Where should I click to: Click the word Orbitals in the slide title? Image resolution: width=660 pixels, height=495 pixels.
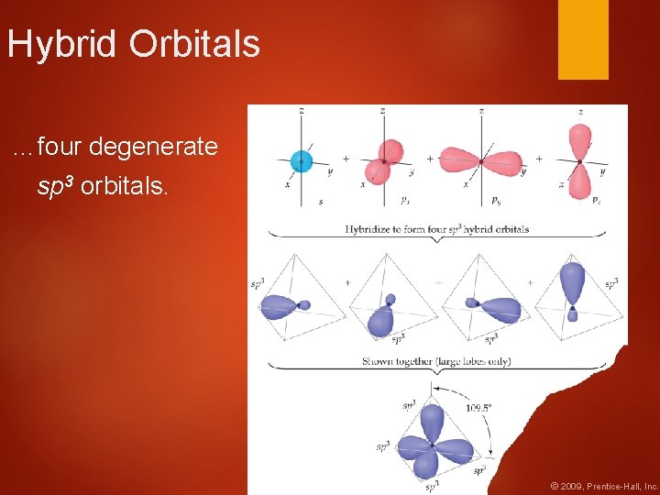pyautogui.click(x=195, y=44)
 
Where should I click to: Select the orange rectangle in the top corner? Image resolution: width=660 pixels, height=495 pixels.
pyautogui.click(x=583, y=39)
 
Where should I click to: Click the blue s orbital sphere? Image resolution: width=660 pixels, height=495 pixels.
pyautogui.click(x=302, y=162)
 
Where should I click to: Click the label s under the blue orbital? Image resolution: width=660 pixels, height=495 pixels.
pyautogui.click(x=320, y=201)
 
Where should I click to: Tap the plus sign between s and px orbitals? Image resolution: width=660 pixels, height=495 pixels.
pyautogui.click(x=346, y=159)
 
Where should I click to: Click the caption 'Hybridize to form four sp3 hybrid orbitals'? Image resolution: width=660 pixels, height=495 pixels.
pyautogui.click(x=436, y=229)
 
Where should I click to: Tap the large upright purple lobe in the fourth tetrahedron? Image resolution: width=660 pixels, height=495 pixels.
pyautogui.click(x=571, y=280)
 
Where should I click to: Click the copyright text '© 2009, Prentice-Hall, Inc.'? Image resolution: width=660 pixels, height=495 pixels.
pyautogui.click(x=603, y=486)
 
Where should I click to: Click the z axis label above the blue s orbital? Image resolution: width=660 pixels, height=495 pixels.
pyautogui.click(x=302, y=111)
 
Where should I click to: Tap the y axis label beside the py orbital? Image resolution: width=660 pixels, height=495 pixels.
pyautogui.click(x=522, y=171)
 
